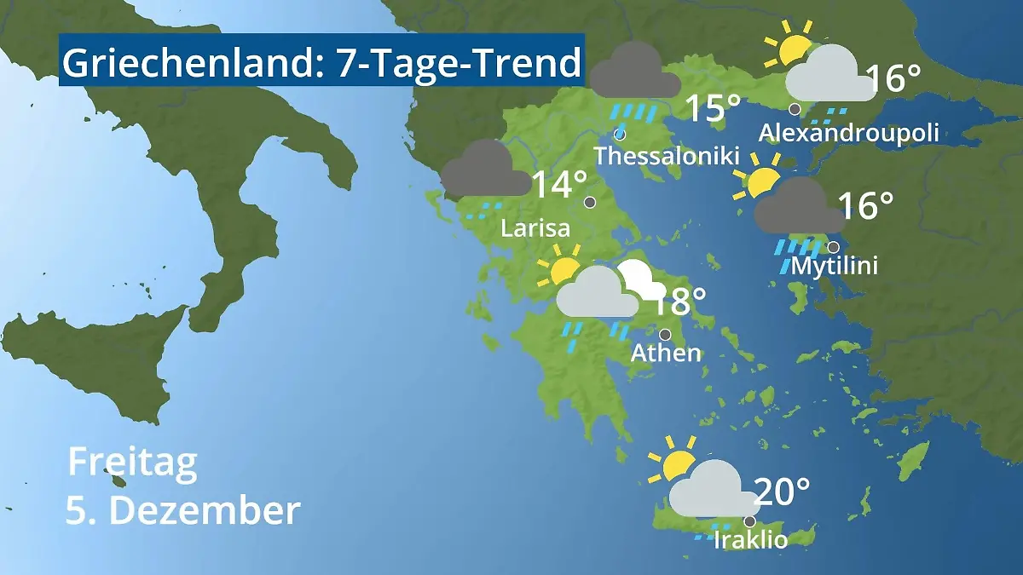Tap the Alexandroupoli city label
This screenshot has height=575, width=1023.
click(848, 134)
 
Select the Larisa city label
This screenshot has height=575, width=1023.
click(535, 228)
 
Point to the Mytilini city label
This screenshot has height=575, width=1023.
click(835, 267)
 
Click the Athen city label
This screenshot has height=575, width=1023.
click(666, 353)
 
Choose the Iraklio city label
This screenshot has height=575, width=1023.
click(750, 540)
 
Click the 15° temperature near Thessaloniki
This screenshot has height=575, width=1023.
click(714, 108)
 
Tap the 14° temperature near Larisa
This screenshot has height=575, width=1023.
click(559, 185)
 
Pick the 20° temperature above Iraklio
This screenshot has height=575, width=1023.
click(782, 492)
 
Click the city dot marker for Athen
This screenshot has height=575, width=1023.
click(665, 334)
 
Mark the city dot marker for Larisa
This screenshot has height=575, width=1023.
click(590, 203)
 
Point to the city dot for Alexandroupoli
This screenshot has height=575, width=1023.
click(795, 109)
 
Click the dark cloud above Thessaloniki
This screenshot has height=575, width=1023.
click(634, 72)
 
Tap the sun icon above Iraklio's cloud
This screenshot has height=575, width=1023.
click(674, 461)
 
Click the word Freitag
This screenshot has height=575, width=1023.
click(132, 462)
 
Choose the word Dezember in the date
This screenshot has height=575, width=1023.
click(205, 511)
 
